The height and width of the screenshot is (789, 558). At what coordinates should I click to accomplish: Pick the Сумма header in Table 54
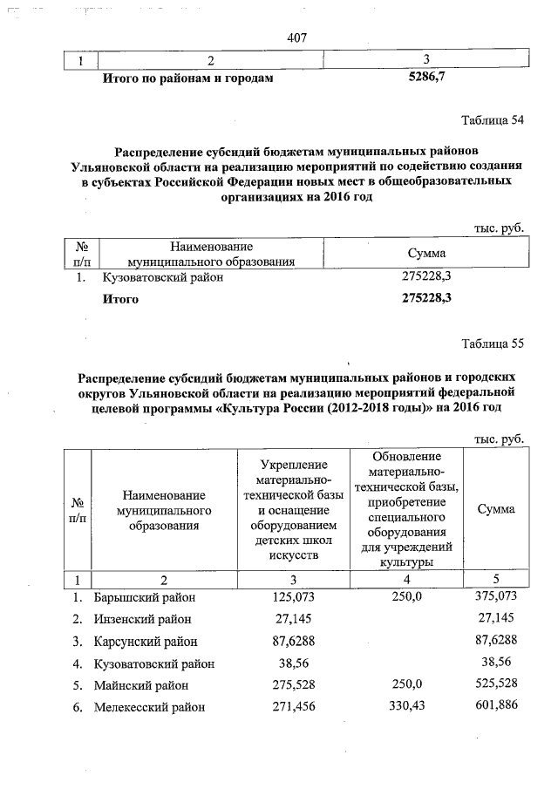pyautogui.click(x=427, y=253)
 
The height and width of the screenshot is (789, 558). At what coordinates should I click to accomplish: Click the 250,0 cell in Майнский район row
pyautogui.click(x=405, y=685)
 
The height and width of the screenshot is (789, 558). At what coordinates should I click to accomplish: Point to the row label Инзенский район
pyautogui.click(x=142, y=619)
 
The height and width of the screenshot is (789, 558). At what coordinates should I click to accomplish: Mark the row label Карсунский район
pyautogui.click(x=145, y=642)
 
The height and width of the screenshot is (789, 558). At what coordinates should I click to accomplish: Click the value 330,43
pyautogui.click(x=405, y=707)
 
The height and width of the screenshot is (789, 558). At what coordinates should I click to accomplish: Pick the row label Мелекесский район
pyautogui.click(x=149, y=707)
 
